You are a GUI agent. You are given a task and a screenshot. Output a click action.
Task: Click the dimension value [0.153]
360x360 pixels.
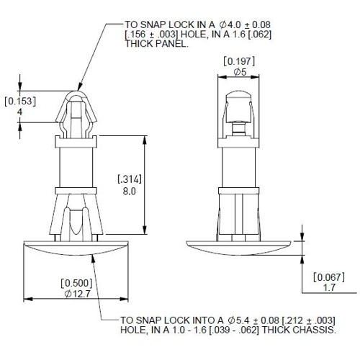coord(20,102)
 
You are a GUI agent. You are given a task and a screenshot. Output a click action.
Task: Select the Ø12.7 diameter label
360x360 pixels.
coord(78,294)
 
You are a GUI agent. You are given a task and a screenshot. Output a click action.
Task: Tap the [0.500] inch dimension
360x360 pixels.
coord(76,283)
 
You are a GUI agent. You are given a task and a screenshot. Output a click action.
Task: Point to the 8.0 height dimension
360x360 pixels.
coord(130,192)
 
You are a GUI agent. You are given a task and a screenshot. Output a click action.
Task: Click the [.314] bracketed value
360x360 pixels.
coord(130,179)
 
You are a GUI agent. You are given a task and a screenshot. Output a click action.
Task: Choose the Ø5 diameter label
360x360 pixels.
coord(240,72)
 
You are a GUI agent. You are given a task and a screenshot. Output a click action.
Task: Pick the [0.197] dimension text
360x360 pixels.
coord(239,61)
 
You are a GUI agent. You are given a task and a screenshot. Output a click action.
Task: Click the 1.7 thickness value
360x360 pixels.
coord(329,287)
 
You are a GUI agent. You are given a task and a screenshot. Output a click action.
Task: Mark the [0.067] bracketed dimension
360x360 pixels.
coord(329,277)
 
